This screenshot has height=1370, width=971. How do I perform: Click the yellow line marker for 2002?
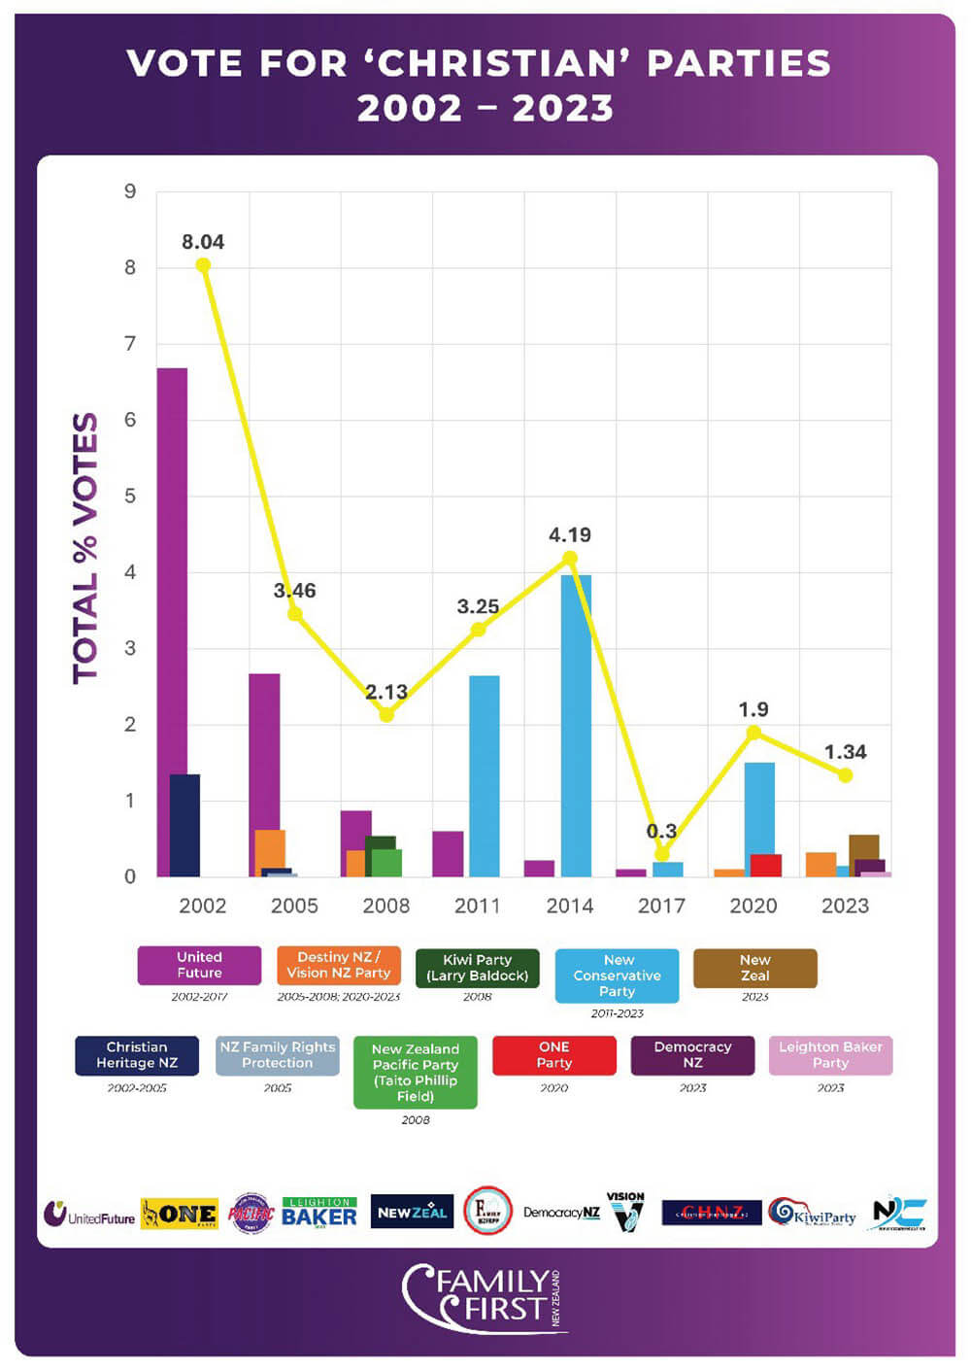203,264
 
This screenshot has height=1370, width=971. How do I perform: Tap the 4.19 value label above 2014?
570,534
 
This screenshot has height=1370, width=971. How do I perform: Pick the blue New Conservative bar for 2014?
576,725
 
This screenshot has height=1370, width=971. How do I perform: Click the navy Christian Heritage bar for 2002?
184,825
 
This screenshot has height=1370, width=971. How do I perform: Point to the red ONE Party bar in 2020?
766,865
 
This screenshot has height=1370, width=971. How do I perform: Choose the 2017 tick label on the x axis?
661,906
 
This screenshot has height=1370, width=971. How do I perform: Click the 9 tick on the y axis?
130,191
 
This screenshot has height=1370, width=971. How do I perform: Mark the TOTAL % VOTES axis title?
85,548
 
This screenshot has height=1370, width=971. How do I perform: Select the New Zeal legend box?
754,968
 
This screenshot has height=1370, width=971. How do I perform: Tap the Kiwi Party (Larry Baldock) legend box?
477,968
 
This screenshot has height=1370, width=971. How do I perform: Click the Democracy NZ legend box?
692,1055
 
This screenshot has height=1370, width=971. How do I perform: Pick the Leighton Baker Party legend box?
830,1055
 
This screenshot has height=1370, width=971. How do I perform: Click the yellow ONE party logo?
180,1214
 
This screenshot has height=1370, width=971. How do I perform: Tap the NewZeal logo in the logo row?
412,1213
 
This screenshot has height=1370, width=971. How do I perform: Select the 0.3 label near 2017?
661,831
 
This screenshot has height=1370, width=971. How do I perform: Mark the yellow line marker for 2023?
845,775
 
